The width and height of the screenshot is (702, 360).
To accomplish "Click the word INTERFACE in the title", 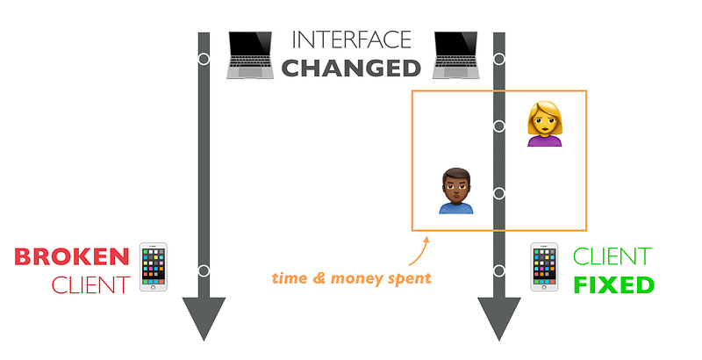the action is (352, 40).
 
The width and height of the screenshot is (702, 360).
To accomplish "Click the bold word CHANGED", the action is (352, 68).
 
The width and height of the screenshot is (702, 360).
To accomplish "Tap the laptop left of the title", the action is (250, 55).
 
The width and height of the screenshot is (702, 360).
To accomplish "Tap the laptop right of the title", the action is (455, 55).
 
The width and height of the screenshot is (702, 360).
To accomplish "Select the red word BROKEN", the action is (72, 256).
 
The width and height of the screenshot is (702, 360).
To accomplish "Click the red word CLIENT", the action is (91, 285).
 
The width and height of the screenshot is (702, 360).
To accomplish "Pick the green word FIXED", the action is (613, 285).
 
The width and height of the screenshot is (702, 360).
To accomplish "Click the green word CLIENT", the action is (612, 256).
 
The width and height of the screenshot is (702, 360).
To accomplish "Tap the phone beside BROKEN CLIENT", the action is (153, 267).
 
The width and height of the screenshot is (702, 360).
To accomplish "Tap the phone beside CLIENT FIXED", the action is (544, 267).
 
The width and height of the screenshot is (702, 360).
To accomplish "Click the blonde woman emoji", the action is (544, 124).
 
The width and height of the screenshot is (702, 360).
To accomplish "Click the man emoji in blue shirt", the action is (455, 191).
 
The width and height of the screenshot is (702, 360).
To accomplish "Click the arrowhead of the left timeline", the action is (204, 317).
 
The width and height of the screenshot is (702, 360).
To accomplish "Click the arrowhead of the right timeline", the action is (499, 317).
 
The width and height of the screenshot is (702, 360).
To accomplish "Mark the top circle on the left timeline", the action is (204, 59).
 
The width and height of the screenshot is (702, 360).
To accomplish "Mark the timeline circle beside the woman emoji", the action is (499, 126).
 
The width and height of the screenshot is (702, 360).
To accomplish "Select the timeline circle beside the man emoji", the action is (499, 193).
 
